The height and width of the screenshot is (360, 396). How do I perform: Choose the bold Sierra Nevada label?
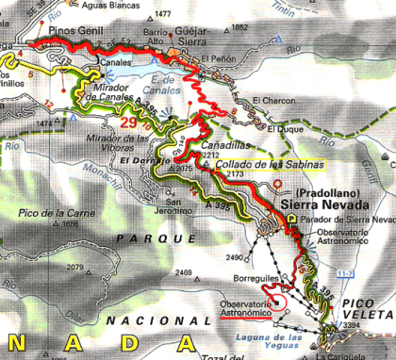(324, 202)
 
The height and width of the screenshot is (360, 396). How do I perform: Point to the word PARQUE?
(142, 239)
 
